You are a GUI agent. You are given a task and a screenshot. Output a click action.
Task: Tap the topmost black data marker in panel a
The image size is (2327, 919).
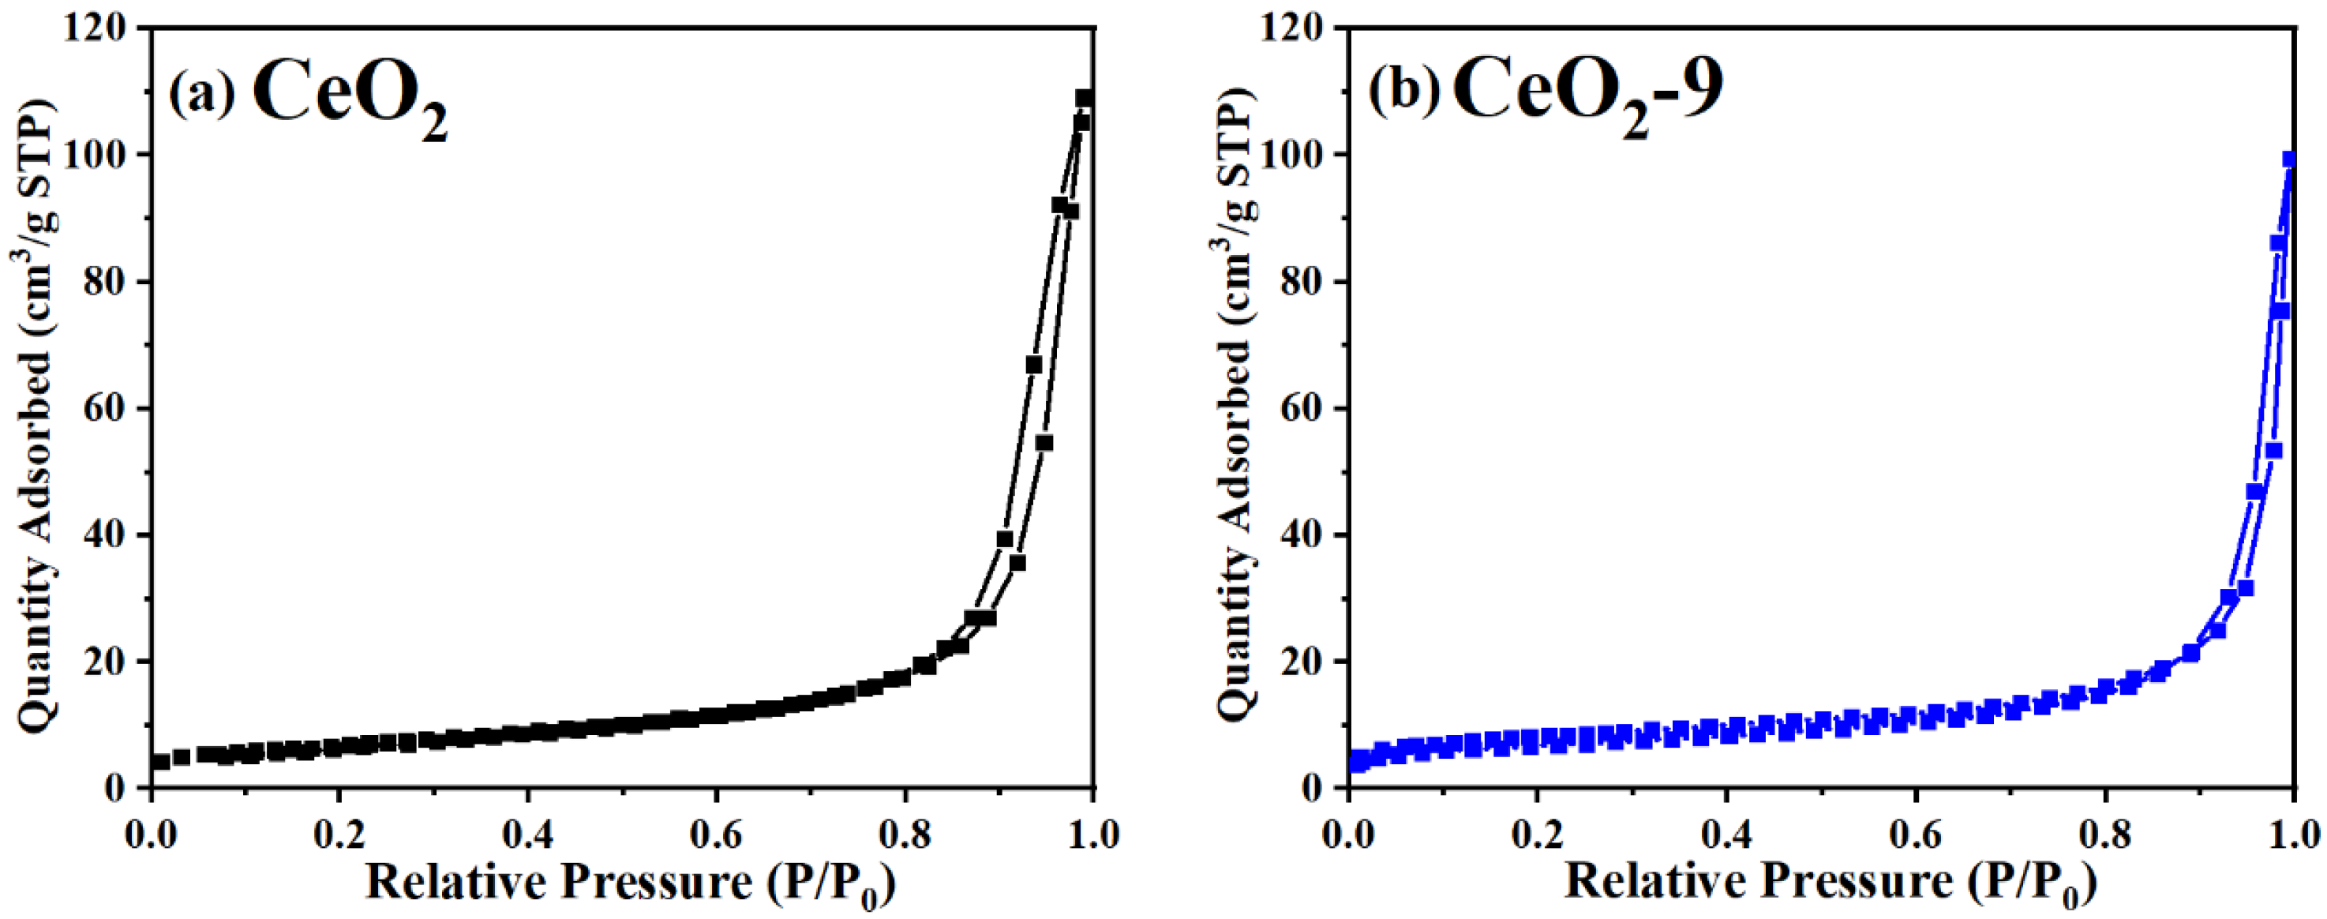coord(1084,98)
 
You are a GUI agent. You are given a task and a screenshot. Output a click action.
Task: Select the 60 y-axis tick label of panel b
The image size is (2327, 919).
coord(1306,408)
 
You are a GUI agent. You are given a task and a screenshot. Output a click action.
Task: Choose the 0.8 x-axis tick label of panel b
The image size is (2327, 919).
coord(2104,835)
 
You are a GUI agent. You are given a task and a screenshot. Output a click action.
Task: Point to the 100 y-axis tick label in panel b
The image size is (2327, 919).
coord(1295,156)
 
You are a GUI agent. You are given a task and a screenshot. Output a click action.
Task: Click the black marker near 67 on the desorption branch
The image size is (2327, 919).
coord(1033,364)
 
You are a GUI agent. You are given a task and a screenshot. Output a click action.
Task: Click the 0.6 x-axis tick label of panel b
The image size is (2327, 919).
coord(1915,835)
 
